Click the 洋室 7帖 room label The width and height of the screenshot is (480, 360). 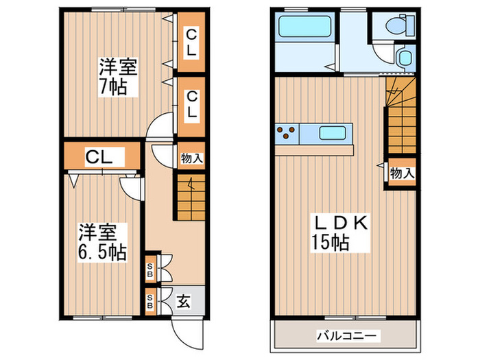[118, 77]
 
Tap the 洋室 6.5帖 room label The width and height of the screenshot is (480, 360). [101, 241]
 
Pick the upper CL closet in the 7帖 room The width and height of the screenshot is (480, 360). [191, 43]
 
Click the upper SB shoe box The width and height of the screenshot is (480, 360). [150, 269]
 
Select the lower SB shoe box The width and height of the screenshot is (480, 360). [150, 300]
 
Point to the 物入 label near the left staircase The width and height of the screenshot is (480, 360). [191, 158]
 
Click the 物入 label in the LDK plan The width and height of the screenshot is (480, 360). [402, 173]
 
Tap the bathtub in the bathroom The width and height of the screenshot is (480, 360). [304, 30]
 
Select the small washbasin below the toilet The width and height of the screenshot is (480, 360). [405, 58]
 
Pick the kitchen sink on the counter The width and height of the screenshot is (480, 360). [333, 133]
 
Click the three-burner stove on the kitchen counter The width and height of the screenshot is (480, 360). [287, 132]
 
